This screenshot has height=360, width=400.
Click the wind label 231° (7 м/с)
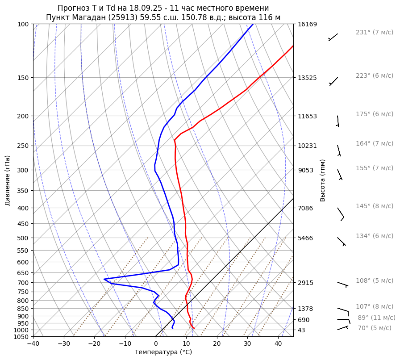(375, 33)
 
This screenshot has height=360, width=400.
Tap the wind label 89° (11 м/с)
(376, 318)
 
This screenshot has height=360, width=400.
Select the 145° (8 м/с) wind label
(375, 206)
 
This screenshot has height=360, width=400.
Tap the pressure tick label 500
(22, 238)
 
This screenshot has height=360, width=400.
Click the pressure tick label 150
(22, 78)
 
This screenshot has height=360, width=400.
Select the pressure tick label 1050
(21, 337)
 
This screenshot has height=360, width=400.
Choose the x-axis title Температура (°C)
(163, 352)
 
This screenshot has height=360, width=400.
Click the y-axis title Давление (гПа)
(8, 180)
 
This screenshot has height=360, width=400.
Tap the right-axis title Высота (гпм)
(323, 180)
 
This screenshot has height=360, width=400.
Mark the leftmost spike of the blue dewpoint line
(104, 279)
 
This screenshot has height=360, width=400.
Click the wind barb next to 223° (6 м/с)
(333, 81)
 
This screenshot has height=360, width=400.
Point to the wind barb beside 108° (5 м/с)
(342, 284)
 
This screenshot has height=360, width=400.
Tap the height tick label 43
(301, 330)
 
